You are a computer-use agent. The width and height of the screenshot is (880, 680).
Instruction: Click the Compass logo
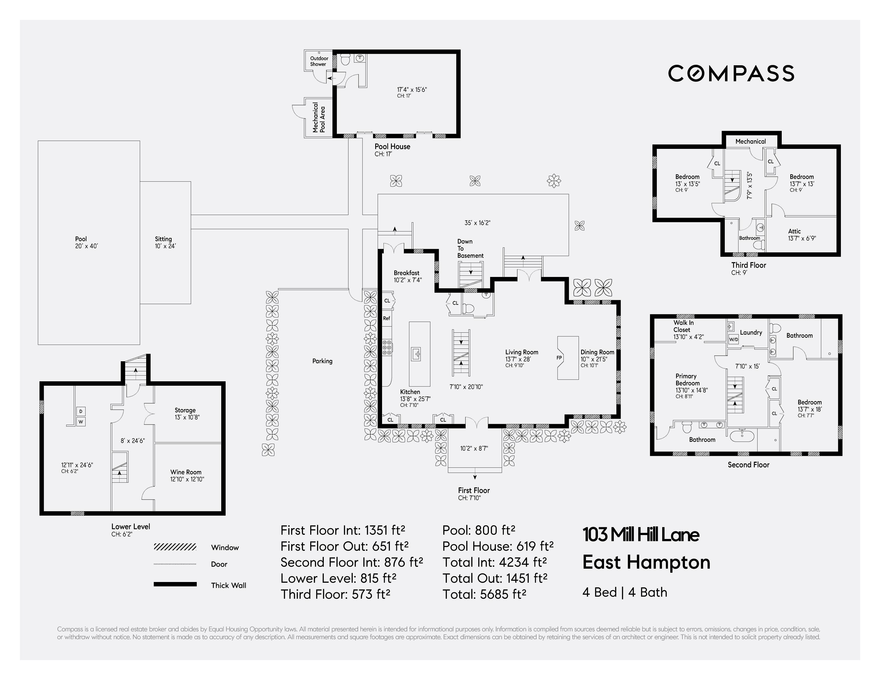(x=731, y=73)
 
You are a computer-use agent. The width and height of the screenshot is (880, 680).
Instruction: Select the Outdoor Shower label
(x=319, y=61)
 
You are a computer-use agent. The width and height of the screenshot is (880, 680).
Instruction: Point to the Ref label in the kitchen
(x=386, y=318)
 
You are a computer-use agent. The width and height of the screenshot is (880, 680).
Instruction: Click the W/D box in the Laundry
(x=733, y=340)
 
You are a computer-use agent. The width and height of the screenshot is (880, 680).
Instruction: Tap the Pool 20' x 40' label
(x=86, y=242)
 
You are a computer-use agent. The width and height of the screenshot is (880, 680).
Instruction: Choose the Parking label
(x=322, y=361)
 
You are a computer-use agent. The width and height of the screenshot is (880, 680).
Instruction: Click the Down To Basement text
(x=470, y=249)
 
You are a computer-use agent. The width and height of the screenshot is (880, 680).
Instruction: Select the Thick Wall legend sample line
(x=175, y=584)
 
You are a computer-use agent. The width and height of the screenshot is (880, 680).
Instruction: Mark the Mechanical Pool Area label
(x=319, y=117)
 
